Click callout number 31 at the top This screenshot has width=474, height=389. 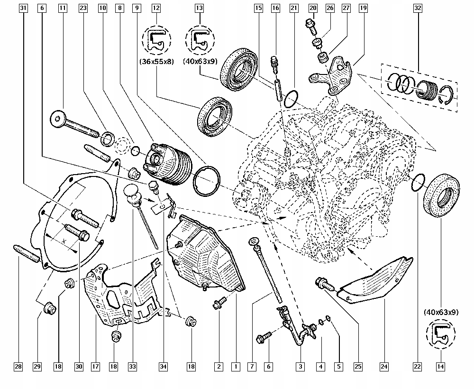23,8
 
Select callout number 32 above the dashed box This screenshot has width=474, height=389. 418,8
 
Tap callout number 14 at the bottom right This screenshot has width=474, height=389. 440,367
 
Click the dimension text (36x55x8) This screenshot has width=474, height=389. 156,62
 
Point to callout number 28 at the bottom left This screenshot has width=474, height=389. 18,367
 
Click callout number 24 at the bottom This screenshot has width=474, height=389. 384,367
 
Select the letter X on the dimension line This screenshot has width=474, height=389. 64,241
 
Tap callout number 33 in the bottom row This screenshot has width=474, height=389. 132,367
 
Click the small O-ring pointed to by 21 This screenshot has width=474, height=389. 291,99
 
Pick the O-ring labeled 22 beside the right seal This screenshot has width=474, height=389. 418,182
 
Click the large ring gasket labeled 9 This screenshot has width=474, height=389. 207,181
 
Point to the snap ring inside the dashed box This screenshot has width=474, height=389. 447,95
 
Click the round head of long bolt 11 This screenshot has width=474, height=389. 57,118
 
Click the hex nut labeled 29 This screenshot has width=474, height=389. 49,308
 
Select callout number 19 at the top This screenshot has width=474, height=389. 363,8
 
